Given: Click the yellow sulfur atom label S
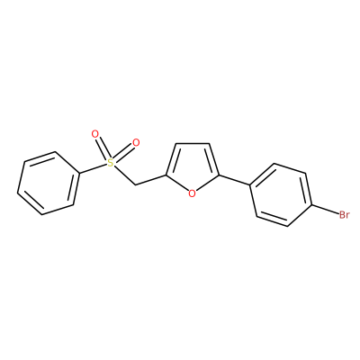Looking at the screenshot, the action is coord(111,163).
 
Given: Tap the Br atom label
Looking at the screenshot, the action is coord(344,215).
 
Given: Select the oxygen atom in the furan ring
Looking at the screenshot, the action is coord(193,193).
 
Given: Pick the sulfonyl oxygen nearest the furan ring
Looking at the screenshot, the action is coord(136,143).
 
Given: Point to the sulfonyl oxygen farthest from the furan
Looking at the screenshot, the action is coord(94,134).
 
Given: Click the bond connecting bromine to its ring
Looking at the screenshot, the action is coord(325,211).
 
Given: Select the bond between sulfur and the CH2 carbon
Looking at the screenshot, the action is coord(124,175).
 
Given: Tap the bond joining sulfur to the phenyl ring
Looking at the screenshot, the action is coord(94,168).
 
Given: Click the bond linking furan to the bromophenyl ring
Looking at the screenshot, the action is coord(234,180).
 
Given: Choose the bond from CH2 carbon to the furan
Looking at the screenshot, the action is coord(150,179).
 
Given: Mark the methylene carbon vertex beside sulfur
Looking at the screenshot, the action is coord(135,184).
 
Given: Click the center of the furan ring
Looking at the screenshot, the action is coord(192,168).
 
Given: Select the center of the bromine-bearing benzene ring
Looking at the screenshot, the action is coord(282,194).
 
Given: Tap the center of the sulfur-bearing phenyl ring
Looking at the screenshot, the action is coord(49,183).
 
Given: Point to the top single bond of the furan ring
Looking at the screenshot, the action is coord(192,143).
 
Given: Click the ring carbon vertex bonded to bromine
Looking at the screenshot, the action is coord(312,205).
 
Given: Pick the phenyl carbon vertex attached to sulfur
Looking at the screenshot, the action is coord(79,174).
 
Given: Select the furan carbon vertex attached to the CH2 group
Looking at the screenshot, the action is coord(166,175).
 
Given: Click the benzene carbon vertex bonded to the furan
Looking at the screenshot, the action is coord(250,185).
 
